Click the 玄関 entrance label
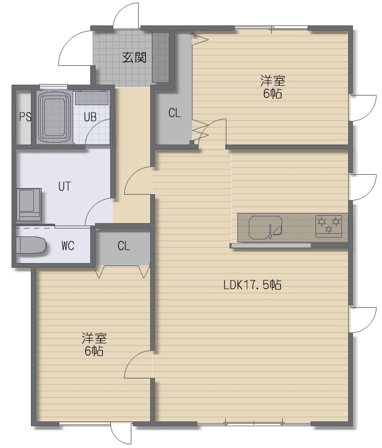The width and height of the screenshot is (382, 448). pos(134,57)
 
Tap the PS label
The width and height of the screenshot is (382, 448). pos(25,117)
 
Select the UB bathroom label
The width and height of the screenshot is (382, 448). pos(90,117)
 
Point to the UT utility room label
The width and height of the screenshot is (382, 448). pos(64,187)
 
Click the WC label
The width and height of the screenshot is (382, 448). pos(68,245)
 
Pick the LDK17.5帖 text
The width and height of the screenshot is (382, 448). pos(252,285)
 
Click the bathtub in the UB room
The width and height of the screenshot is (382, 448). pos(54,117)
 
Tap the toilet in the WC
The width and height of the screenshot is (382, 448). pos(31,245)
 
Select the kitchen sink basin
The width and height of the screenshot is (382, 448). pos(266,227)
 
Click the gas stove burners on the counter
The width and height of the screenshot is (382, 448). pos(329,226)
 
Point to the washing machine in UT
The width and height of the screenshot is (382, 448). pos(28,204)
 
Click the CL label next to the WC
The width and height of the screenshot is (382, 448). pos(123,245)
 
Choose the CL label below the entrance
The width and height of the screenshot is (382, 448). pos(174,113)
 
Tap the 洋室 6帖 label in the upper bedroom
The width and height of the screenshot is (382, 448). pos(272,87)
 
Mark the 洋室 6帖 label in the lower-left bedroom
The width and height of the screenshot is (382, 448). pos(94,344)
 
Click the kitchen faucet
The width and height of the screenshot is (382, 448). pos(269,231)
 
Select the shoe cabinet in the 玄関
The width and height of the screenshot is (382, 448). pos(161,57)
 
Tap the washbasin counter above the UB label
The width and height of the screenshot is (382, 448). pos(92,98)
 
